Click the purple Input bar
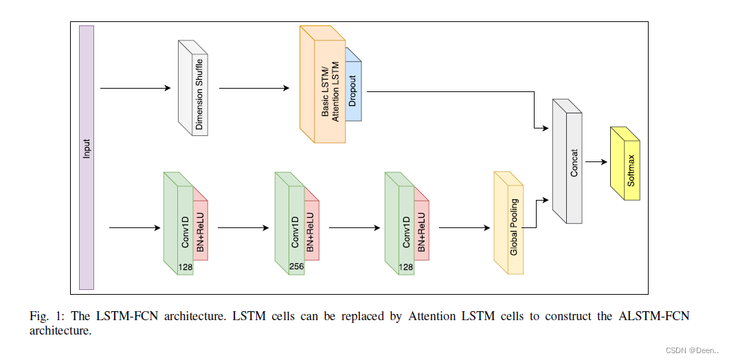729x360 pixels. click(x=87, y=157)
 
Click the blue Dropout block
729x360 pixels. click(x=353, y=89)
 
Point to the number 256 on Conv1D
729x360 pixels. click(x=295, y=265)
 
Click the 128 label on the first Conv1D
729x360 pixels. click(x=185, y=265)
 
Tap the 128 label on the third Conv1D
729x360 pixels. click(x=406, y=265)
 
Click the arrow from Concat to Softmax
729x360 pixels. click(x=595, y=163)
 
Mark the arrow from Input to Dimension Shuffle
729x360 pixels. click(x=135, y=88)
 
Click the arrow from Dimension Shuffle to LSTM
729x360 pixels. click(x=254, y=88)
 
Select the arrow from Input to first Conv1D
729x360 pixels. click(x=135, y=227)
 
